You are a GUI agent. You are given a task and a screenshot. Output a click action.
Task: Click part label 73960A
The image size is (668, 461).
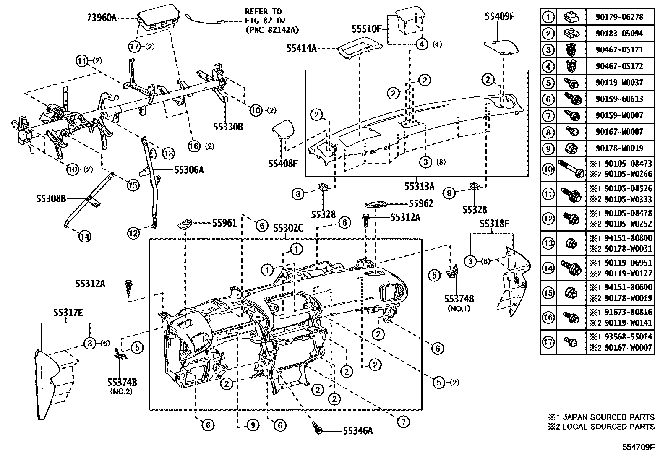tap(101, 18)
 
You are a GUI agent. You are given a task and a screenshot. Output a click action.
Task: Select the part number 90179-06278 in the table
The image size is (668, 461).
tap(619, 17)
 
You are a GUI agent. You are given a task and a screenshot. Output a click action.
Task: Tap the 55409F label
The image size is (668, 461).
tap(499, 16)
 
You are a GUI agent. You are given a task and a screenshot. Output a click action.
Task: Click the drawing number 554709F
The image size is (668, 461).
tap(638, 447)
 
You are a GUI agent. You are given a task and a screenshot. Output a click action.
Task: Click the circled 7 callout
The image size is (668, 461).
tap(403, 422)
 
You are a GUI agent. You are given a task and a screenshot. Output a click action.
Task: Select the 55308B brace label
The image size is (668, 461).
tap(51, 199)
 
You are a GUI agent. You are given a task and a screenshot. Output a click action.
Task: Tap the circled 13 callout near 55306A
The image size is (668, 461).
tap(168, 154)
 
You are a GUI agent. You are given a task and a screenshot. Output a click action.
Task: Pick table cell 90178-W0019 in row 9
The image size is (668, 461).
tap(619, 148)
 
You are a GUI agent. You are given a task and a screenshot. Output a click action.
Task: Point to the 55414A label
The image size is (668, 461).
tap(301, 48)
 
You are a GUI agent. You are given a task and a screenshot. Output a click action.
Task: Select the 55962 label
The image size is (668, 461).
tap(421, 204)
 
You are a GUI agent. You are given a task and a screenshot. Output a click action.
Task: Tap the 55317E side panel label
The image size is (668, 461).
tap(68, 313)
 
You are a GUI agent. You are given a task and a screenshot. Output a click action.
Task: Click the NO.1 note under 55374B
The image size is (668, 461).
tap(459, 309)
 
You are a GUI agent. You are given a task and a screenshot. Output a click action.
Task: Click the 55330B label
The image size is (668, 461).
tap(228, 127)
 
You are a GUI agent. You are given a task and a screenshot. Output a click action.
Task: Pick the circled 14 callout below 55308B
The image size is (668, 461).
tap(84, 237)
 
